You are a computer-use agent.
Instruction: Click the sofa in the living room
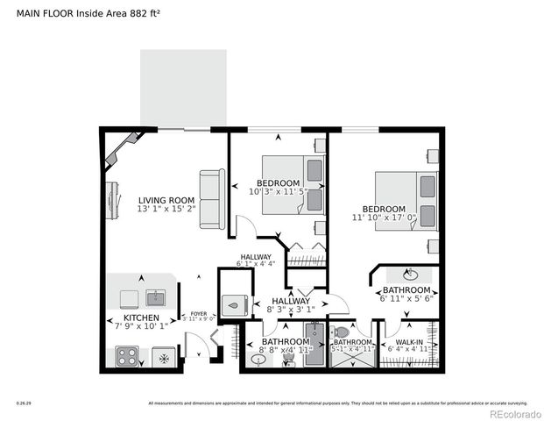pyautogui.click(x=210, y=199)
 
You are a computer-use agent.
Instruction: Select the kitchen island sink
pyautogui.click(x=154, y=297)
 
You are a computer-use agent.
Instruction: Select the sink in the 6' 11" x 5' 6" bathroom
pyautogui.click(x=408, y=272)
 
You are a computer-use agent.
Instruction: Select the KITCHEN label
pyautogui.click(x=140, y=318)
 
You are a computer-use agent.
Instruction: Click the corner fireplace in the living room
pyautogui.click(x=122, y=150)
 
